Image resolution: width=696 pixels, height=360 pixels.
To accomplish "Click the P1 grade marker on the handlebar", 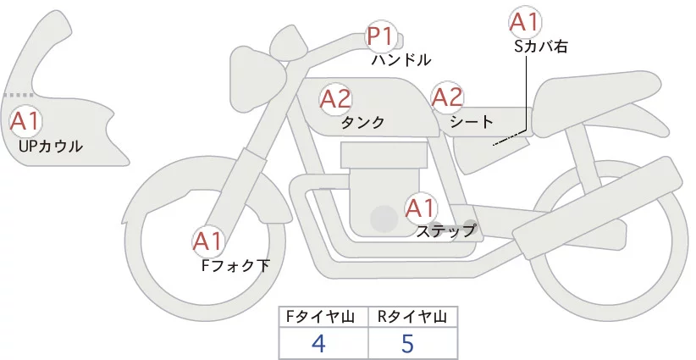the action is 379,37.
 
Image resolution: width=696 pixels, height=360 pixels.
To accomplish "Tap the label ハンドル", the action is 401,60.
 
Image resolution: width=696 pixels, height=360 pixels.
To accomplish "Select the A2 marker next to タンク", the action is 335,99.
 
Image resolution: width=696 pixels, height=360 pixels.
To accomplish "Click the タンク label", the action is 362,123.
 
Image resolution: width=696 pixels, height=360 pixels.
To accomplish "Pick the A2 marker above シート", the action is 447,97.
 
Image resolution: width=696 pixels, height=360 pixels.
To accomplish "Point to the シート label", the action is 472,122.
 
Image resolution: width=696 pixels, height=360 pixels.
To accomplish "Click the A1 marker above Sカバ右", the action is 525,22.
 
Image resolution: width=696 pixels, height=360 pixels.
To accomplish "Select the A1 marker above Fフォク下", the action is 207,242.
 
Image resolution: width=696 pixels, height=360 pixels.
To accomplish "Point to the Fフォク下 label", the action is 235,266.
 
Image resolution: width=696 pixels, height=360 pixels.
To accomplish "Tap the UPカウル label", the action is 50,147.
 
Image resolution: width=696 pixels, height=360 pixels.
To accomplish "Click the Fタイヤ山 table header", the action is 323,317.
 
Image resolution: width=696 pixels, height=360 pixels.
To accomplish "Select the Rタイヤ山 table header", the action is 413,317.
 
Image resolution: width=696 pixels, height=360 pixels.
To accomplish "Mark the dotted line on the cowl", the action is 19,96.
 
